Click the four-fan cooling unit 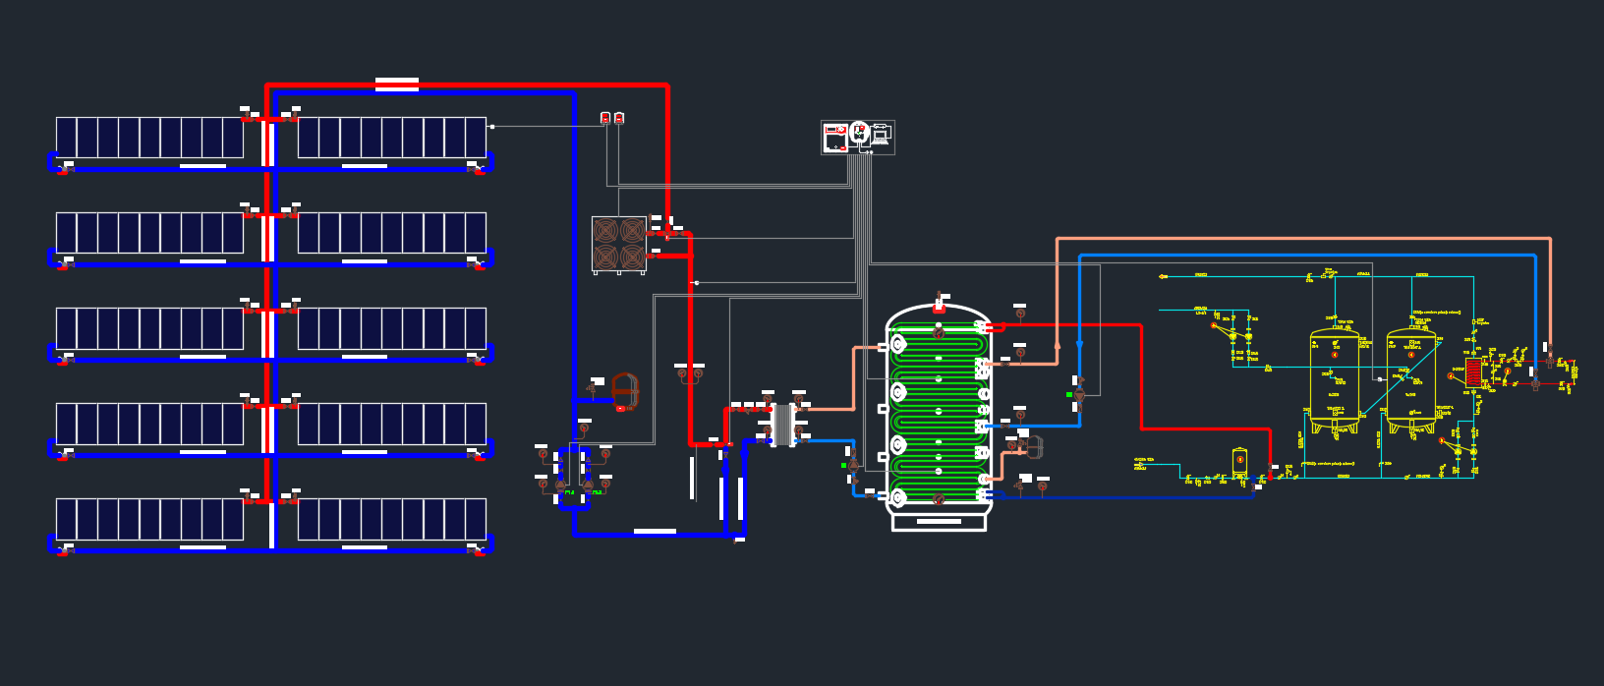click(x=619, y=244)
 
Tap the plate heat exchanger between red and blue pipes click(x=782, y=424)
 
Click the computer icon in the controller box click(x=881, y=136)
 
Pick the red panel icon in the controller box click(x=834, y=137)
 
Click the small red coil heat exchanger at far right click(x=1472, y=372)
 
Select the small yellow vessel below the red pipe click(x=1239, y=462)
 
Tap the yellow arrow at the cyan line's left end click(x=1163, y=276)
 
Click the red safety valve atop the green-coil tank click(x=940, y=301)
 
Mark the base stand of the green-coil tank click(x=939, y=522)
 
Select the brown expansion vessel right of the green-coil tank click(x=1034, y=447)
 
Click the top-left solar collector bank click(x=149, y=138)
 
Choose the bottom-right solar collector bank click(x=391, y=519)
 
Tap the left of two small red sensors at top click(x=605, y=118)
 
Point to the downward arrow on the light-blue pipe click(x=1080, y=345)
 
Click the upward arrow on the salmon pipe click(x=1057, y=346)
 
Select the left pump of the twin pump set click(x=561, y=485)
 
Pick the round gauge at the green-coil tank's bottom click(x=939, y=498)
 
